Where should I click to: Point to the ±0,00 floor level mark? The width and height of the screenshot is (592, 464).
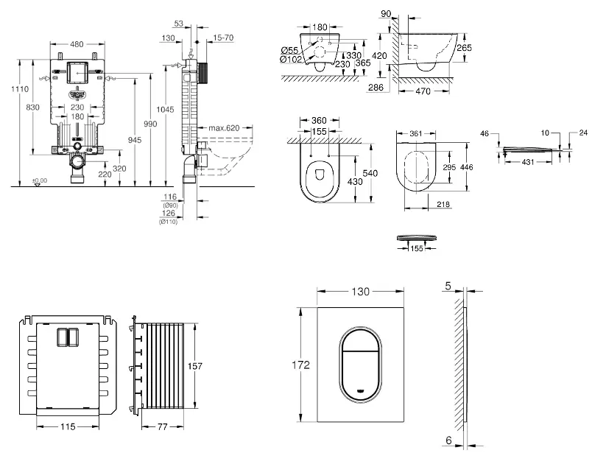point(39,180)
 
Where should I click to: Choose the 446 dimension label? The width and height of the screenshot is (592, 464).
point(467,167)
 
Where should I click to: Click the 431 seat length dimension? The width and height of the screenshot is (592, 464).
point(529,161)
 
